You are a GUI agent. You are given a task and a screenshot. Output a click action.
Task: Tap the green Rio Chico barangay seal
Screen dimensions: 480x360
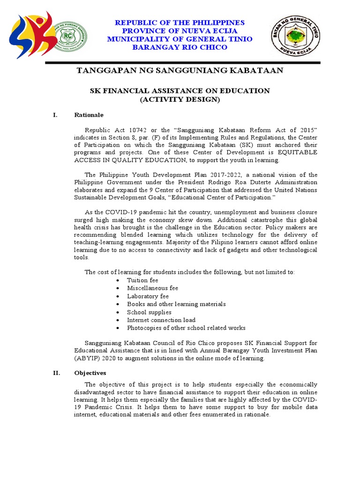click(71, 37)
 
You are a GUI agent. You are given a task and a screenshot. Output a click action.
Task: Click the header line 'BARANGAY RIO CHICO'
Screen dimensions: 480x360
click(180, 47)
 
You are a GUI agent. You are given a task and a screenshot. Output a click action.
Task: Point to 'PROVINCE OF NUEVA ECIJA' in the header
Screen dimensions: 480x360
click(180, 31)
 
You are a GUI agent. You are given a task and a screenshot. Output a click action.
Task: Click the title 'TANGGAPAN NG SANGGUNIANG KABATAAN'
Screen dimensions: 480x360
click(180, 71)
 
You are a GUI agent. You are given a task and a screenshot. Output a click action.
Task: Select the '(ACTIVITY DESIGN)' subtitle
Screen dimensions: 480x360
click(180, 99)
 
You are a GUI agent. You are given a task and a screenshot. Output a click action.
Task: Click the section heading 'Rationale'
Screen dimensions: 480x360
click(89, 115)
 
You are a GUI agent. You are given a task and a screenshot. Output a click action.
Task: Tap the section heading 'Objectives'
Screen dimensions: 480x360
click(90, 373)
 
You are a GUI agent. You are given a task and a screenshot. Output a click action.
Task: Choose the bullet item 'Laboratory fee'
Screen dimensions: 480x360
click(148, 296)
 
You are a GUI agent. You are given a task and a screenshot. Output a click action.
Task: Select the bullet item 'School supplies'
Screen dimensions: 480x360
click(149, 312)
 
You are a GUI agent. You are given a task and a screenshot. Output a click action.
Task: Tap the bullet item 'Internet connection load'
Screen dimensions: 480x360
click(161, 320)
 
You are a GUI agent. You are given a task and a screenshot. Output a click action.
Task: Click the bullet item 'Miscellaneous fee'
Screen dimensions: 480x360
click(152, 288)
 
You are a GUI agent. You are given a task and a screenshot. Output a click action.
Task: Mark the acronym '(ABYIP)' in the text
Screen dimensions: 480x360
click(86, 359)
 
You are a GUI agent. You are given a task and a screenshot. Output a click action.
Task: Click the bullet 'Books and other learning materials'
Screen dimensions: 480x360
click(176, 304)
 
